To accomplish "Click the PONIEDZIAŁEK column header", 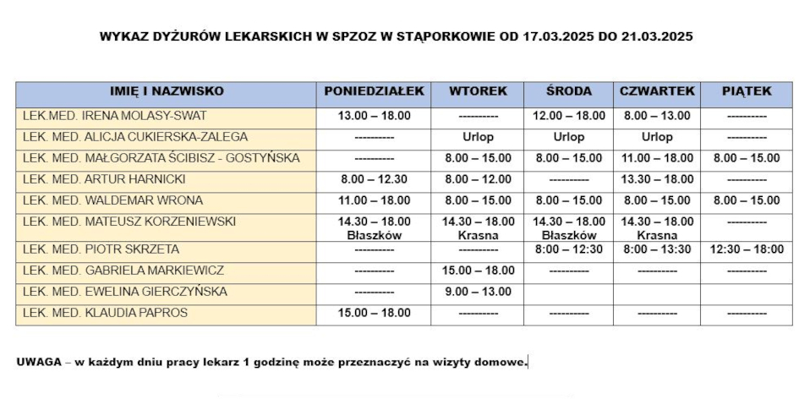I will pyautogui.click(x=374, y=91).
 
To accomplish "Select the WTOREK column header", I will pyautogui.click(x=478, y=91).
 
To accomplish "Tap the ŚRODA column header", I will pyautogui.click(x=569, y=91).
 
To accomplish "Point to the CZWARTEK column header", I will pyautogui.click(x=657, y=91).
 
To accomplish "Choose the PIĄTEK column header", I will pyautogui.click(x=747, y=91).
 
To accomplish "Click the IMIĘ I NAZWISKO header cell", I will pyautogui.click(x=167, y=91).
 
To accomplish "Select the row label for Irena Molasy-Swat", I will pyautogui.click(x=115, y=116).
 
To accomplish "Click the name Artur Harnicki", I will pyautogui.click(x=105, y=179).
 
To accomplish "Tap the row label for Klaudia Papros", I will pyautogui.click(x=106, y=313).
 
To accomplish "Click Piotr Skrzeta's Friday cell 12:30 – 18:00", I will pyautogui.click(x=747, y=249).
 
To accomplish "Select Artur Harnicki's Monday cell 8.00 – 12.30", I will pyautogui.click(x=374, y=179).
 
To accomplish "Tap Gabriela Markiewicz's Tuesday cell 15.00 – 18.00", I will pyautogui.click(x=478, y=271).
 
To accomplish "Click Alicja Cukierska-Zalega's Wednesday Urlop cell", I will pyautogui.click(x=569, y=137).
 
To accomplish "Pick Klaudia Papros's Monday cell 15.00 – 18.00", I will pyautogui.click(x=374, y=313).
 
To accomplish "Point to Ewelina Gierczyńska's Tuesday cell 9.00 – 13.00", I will pyautogui.click(x=478, y=292).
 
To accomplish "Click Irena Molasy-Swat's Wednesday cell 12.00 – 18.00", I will pyautogui.click(x=569, y=116).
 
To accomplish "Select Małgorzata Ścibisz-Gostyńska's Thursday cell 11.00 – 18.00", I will pyautogui.click(x=657, y=158).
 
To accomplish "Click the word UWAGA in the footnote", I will pyautogui.click(x=38, y=362).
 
